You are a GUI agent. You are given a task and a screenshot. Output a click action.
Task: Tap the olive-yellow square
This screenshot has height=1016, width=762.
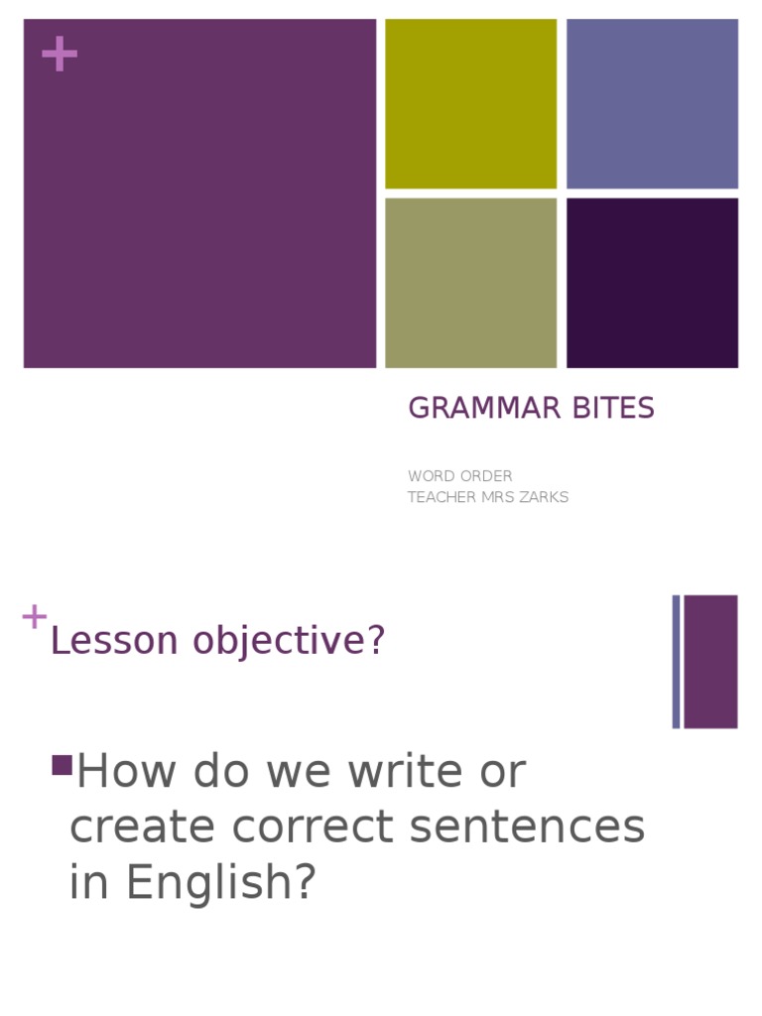click(x=470, y=103)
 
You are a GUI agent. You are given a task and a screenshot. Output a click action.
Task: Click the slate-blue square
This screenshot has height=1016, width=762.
click(x=652, y=103)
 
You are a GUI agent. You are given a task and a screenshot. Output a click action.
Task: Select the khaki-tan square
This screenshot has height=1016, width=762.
click(x=470, y=283)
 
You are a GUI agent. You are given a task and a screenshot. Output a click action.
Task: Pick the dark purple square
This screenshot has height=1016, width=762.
click(x=652, y=283)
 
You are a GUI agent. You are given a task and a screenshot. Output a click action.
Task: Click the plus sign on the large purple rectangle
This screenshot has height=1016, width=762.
click(x=60, y=55)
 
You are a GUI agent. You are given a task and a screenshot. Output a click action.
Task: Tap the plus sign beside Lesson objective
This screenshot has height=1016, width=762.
click(x=34, y=617)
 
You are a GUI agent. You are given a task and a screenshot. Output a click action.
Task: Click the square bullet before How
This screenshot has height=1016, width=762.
click(x=62, y=765)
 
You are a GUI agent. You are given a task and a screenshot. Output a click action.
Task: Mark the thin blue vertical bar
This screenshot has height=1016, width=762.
click(x=676, y=662)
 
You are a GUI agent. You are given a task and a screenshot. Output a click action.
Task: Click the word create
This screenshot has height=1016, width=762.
click(x=144, y=827)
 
